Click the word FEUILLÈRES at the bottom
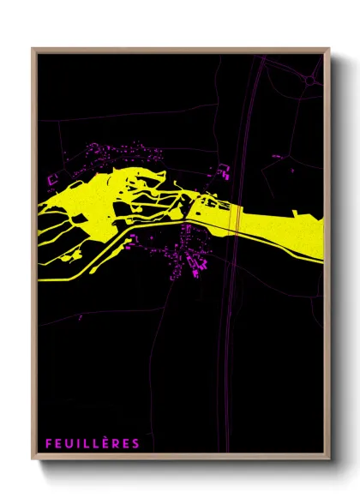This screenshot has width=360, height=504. pos(93,443)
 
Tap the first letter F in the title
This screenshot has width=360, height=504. pos(50,443)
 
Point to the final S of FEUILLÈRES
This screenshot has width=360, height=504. pos(135,443)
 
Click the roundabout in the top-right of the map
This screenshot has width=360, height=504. pos(310,80)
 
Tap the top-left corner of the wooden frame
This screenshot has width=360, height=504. pos(33,49)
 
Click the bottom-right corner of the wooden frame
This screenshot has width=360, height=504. pos(329,460)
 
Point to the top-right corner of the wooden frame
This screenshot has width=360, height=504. pos(329,49)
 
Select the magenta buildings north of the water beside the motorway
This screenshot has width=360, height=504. pos(223,172)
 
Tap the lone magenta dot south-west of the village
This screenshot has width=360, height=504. pos(80,317)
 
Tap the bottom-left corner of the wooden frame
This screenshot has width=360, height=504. pos(33,460)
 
